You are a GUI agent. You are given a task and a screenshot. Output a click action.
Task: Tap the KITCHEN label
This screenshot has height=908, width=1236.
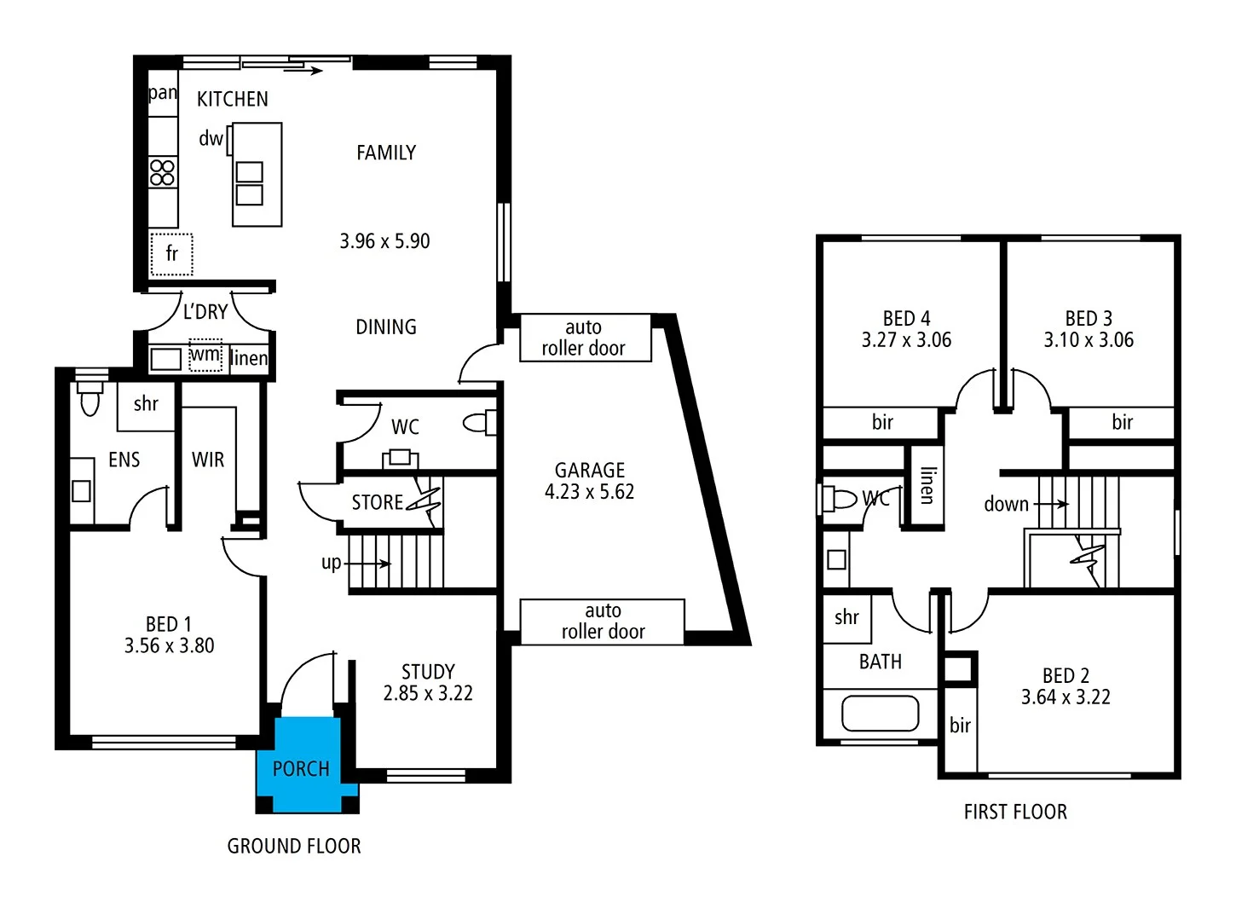tap(232, 100)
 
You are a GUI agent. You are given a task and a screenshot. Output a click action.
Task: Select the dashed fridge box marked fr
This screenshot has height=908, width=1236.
tap(171, 254)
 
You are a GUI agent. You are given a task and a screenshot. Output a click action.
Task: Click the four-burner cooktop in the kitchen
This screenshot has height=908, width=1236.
tap(162, 172)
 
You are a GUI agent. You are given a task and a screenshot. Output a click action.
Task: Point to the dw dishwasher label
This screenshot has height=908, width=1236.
tap(211, 139)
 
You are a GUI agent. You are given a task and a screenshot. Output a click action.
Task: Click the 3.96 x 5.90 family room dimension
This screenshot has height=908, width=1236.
tap(384, 241)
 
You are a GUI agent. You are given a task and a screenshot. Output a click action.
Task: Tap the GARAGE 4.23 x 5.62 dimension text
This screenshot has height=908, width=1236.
tap(589, 492)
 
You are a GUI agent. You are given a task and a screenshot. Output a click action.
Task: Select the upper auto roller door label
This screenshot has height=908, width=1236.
tap(584, 338)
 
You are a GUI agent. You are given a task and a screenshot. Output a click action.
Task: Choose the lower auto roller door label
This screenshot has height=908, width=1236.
tap(603, 622)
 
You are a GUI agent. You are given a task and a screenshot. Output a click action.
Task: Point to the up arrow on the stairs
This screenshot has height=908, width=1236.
tap(368, 564)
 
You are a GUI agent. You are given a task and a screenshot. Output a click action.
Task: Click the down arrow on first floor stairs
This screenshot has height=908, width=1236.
tap(1050, 504)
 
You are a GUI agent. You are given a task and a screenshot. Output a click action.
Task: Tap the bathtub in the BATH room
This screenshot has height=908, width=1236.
tap(880, 714)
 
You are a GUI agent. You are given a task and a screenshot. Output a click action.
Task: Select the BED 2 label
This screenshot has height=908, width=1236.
tap(1066, 675)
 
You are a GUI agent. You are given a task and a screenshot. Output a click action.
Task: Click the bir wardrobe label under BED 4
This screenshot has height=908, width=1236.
tap(882, 422)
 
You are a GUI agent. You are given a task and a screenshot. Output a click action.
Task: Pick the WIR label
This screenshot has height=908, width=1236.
tap(208, 460)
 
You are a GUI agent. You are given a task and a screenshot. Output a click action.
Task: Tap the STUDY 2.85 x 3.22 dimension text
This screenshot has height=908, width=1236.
tap(428, 693)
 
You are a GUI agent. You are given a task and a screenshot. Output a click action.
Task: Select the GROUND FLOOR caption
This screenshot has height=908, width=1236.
tap(294, 846)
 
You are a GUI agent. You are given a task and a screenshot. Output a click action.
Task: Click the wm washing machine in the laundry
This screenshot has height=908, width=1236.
tap(205, 356)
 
